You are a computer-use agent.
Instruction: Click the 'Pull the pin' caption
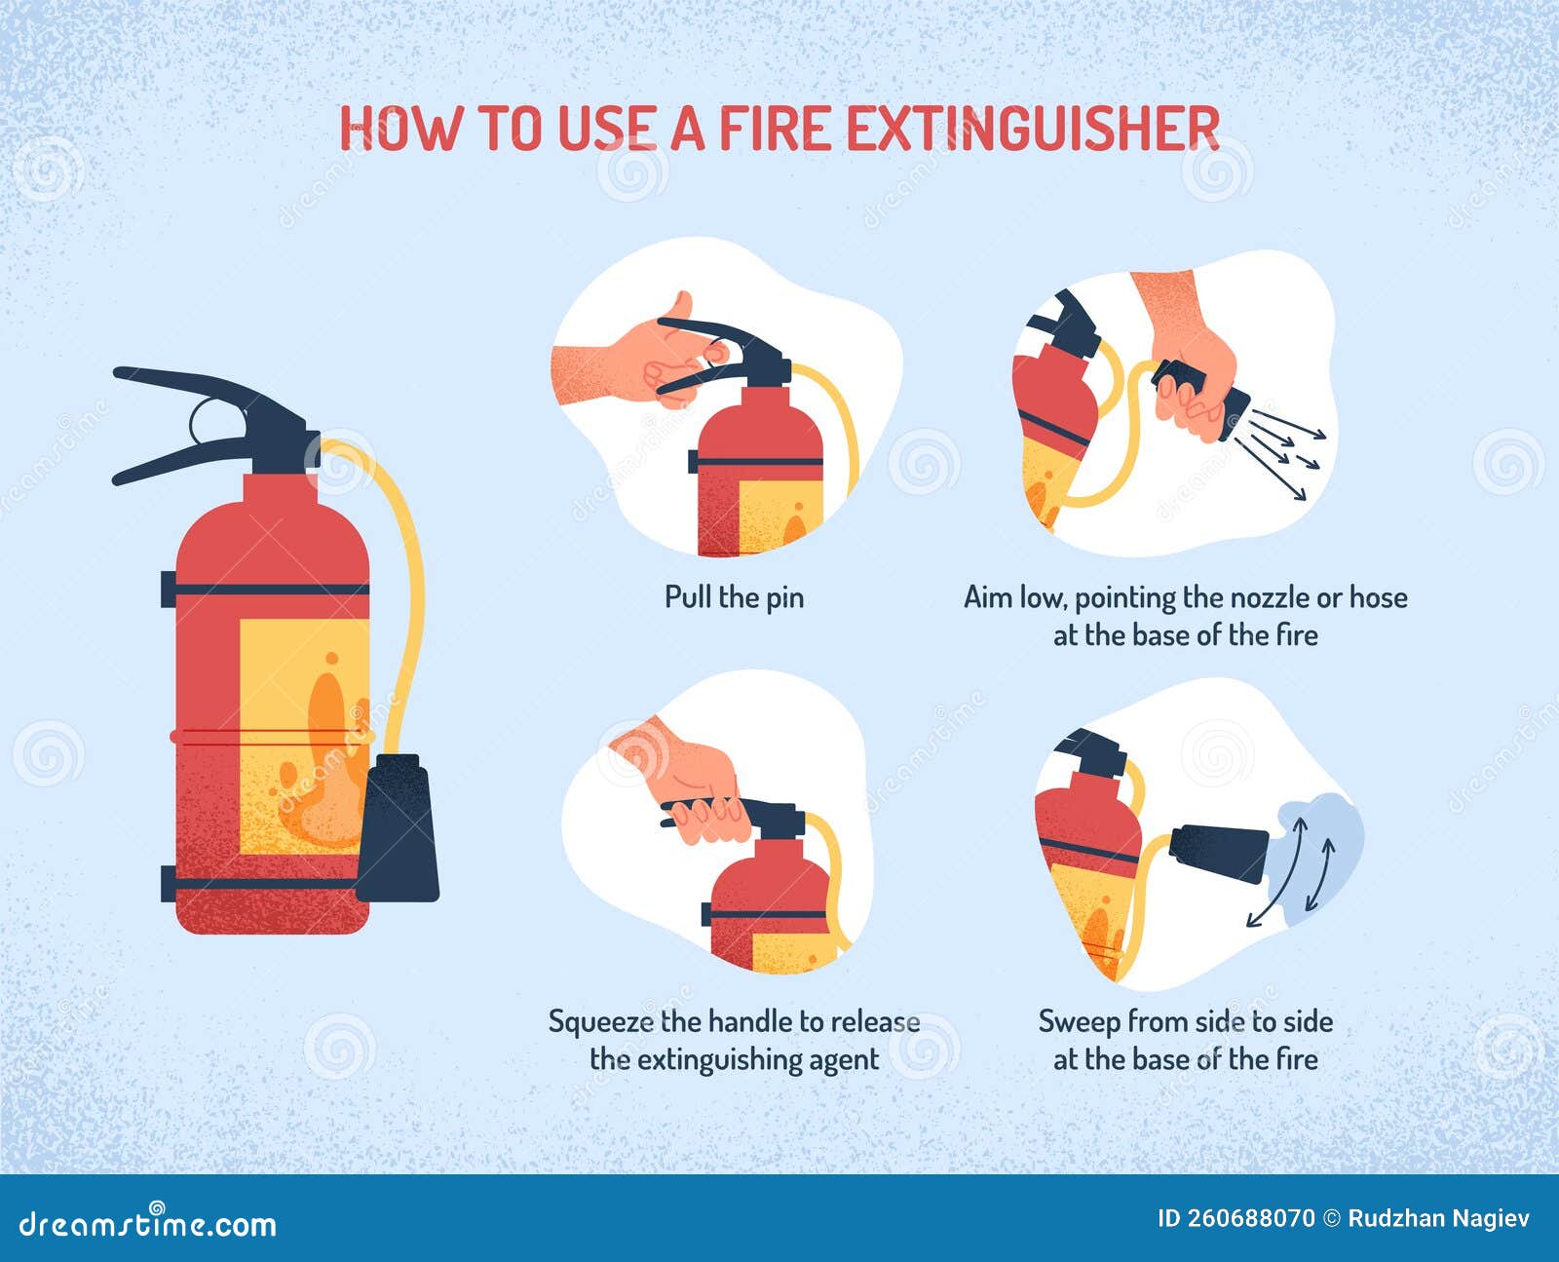[x=734, y=596]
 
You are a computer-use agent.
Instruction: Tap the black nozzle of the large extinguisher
[x=398, y=828]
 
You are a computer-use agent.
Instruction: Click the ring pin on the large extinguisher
[x=207, y=421]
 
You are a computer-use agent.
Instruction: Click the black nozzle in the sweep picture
[x=1218, y=851]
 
